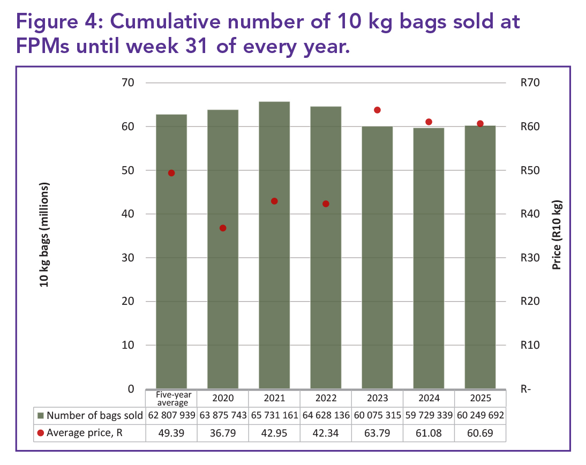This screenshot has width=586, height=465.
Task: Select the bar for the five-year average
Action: pyautogui.click(x=171, y=251)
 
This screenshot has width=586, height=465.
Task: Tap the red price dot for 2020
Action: pyautogui.click(x=223, y=228)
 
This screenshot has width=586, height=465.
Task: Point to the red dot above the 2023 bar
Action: pyautogui.click(x=377, y=110)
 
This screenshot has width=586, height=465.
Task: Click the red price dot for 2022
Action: pyautogui.click(x=326, y=204)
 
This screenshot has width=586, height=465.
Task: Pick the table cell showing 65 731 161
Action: pyautogui.click(x=274, y=415)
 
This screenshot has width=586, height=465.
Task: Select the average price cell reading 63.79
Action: pyautogui.click(x=377, y=432)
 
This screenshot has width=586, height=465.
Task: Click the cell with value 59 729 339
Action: pyautogui.click(x=429, y=415)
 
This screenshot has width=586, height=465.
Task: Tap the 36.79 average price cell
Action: pyautogui.click(x=223, y=432)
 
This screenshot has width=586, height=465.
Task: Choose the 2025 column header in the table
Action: pyautogui.click(x=480, y=398)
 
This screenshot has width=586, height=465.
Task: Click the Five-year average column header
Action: pyautogui.click(x=171, y=398)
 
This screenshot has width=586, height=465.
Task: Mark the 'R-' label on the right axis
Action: pyautogui.click(x=525, y=389)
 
